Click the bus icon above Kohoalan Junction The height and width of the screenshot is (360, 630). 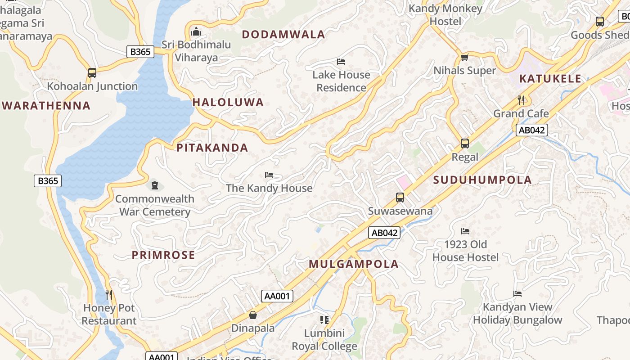coord(92,72)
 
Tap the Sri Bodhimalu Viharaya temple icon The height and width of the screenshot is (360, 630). coord(196,31)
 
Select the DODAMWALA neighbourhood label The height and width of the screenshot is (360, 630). coord(283,35)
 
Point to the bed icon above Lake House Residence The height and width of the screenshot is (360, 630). coord(341,61)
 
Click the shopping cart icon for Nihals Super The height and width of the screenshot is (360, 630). coord(464,57)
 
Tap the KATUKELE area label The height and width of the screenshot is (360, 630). coord(550,79)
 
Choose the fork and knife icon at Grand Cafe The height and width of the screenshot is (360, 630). coord(521,99)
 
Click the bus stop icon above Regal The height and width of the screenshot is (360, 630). coord(465,144)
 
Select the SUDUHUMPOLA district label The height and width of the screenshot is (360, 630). coord(482,180)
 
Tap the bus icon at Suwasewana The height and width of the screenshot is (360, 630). coord(400,197)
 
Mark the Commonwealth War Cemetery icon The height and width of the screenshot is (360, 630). coord(155,185)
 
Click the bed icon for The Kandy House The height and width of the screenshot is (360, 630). coord(269,175)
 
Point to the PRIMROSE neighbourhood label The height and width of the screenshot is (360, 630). coord(163,255)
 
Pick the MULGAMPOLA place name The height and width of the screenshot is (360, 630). coord(354,264)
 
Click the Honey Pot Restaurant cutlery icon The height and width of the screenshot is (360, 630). coord(109,295)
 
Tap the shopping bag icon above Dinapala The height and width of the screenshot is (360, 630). coord(253,315)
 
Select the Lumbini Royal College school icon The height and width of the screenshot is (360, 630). coord(324,320)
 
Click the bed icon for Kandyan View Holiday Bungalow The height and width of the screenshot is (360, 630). coord(517,294)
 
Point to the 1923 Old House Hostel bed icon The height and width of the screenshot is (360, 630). coord(465,231)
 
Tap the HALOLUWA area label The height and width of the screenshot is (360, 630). coord(228,102)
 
